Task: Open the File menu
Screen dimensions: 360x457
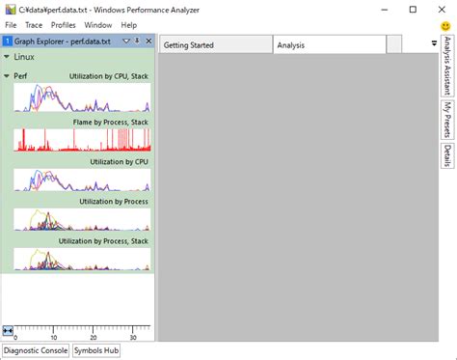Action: click(x=12, y=24)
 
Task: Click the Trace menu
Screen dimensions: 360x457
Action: click(x=34, y=24)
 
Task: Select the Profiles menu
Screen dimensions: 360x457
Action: click(x=64, y=24)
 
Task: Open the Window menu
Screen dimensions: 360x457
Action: click(x=98, y=24)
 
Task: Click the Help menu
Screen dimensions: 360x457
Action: click(x=128, y=24)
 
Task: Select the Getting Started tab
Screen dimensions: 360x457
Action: click(x=189, y=45)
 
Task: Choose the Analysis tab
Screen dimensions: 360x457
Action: click(x=291, y=45)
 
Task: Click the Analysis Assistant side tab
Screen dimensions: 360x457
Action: click(x=447, y=68)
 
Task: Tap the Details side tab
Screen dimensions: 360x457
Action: click(x=447, y=155)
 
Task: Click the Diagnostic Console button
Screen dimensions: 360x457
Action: click(x=36, y=350)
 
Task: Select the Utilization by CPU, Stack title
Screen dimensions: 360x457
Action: click(x=108, y=75)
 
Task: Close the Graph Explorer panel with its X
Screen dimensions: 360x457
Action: click(x=148, y=42)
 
